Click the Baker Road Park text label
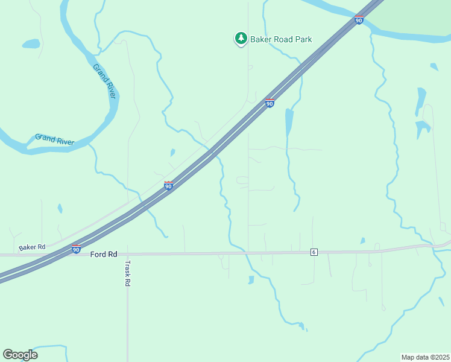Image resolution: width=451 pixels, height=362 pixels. click(282, 39)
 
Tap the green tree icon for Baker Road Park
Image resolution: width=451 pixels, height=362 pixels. click(241, 39)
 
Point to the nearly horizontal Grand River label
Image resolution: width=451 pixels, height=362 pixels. click(54, 139)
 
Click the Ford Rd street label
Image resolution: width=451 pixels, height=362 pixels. click(104, 255)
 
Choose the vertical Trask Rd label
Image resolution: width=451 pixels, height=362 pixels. click(127, 273)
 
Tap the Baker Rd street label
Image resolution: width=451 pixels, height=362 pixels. click(32, 247)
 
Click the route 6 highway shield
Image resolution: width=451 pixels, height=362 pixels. click(314, 252)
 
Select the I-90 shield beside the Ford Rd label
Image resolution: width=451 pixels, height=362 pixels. click(76, 249)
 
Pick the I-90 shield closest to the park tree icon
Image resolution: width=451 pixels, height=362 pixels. click(270, 103)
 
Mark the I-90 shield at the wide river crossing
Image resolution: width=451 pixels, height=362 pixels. click(359, 20)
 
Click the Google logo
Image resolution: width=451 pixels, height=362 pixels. click(20, 355)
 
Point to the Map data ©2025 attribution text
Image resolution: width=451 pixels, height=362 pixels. click(426, 357)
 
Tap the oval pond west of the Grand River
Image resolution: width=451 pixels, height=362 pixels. click(31, 43)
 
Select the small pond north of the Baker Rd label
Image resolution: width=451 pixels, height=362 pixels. click(60, 209)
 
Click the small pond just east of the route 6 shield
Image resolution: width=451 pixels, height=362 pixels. click(362, 241)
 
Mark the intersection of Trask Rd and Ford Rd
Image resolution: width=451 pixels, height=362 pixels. click(127, 254)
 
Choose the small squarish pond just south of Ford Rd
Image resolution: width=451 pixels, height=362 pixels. click(250, 279)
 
